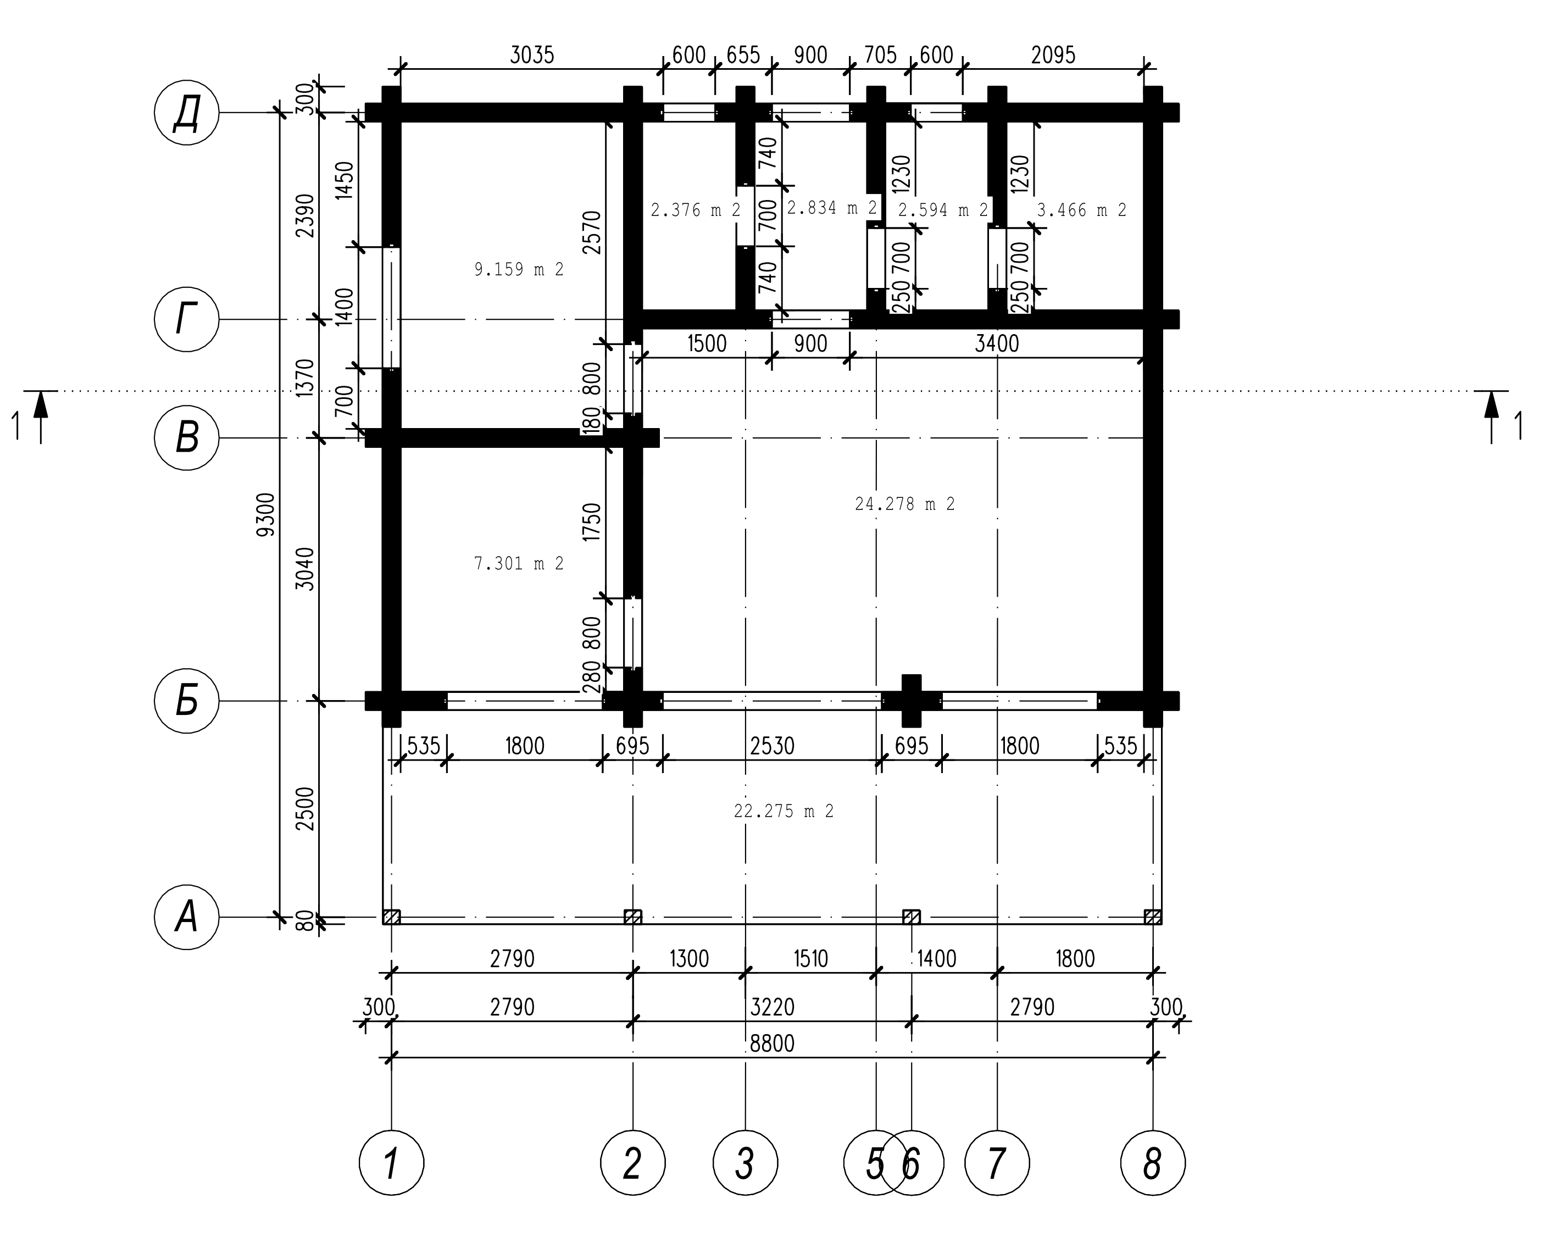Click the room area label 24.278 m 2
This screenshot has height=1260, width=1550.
(905, 504)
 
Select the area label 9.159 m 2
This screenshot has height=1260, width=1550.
(519, 269)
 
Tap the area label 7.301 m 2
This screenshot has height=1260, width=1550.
(519, 563)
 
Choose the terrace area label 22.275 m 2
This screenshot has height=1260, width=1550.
(784, 811)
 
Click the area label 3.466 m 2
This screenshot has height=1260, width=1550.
(1081, 210)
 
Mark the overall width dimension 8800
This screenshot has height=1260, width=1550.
(772, 1043)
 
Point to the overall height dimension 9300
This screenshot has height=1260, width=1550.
(267, 514)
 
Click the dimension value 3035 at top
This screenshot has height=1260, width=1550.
(532, 55)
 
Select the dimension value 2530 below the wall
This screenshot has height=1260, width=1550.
(772, 746)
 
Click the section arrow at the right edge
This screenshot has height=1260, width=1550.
(1492, 417)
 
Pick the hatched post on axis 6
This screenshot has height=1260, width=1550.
(912, 917)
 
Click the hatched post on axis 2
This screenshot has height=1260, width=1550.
(633, 917)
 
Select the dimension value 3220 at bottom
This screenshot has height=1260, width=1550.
(772, 1007)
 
